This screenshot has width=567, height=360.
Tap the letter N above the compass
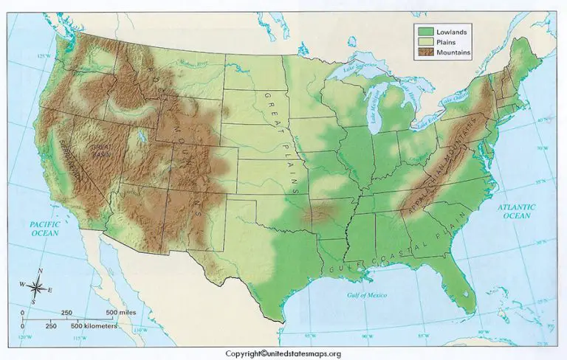pos(40,272)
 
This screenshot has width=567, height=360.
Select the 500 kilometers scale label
pos(98,325)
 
